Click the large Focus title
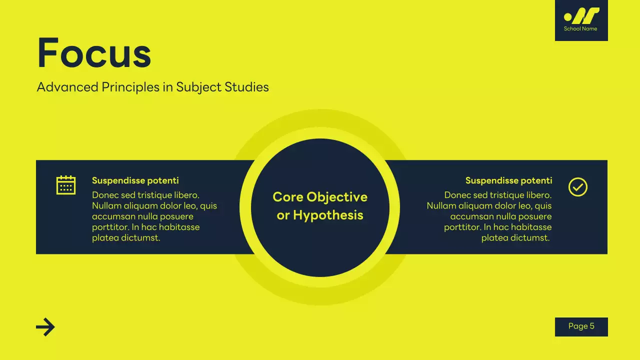click(x=94, y=53)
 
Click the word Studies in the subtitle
click(x=246, y=87)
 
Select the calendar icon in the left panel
click(x=66, y=185)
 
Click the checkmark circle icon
click(x=578, y=187)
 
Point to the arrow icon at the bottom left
click(x=45, y=327)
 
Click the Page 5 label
click(x=581, y=326)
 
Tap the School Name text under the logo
click(x=580, y=29)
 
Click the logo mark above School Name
click(x=581, y=16)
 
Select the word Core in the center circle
click(x=288, y=197)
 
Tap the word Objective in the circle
click(x=337, y=197)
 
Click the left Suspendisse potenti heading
click(x=135, y=180)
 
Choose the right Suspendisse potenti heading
click(x=508, y=180)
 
